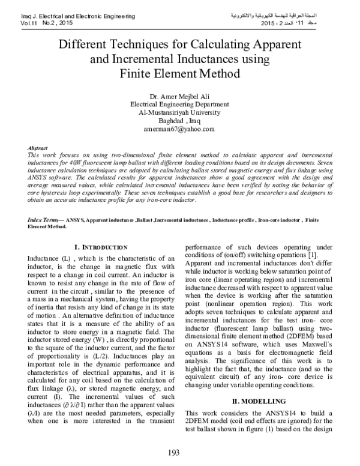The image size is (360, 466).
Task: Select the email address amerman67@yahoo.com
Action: tap(179, 129)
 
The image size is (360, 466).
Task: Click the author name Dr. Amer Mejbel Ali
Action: tap(179, 95)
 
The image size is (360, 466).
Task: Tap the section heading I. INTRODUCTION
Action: tap(100, 247)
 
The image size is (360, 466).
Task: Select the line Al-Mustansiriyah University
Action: tap(179, 112)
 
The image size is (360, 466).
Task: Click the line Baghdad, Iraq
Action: tap(179, 120)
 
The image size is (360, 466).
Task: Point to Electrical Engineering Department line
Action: tap(179, 103)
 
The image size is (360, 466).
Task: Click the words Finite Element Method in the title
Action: tap(179, 74)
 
